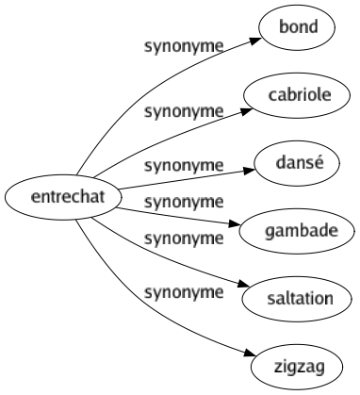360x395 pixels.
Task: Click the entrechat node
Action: click(62, 198)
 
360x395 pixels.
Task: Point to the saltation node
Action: click(295, 298)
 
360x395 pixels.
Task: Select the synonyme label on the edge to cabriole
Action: click(184, 111)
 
